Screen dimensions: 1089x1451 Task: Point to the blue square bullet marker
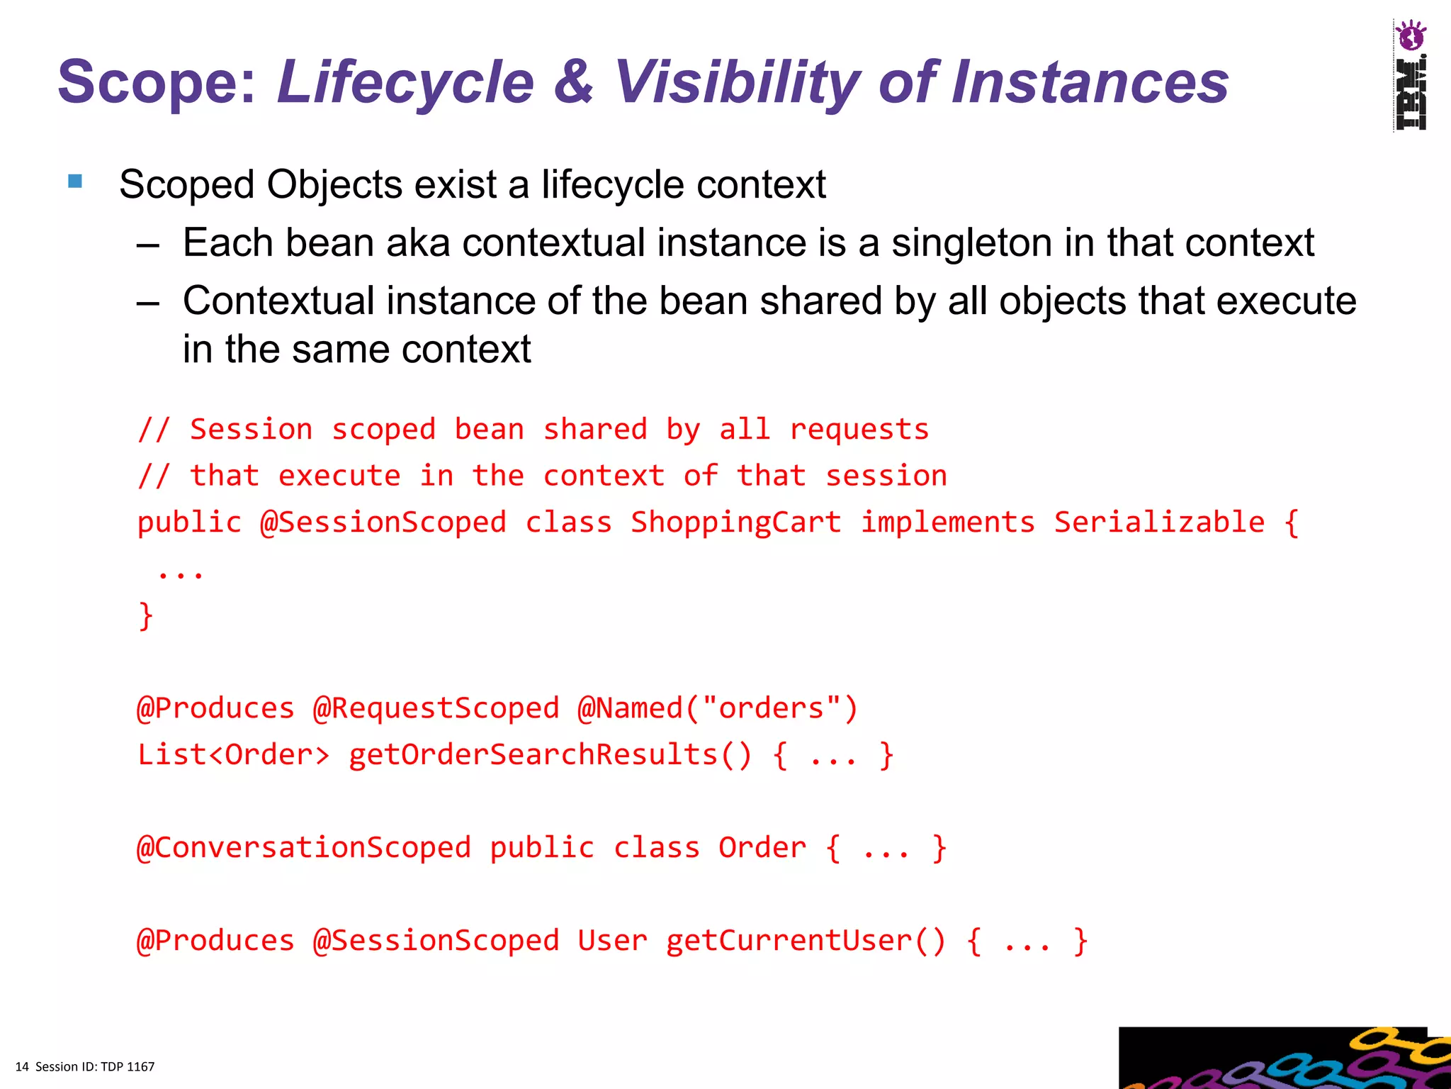(x=75, y=181)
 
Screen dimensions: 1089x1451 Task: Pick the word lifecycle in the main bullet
(x=613, y=184)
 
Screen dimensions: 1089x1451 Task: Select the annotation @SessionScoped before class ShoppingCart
(x=383, y=523)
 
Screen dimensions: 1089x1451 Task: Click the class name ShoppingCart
(x=736, y=523)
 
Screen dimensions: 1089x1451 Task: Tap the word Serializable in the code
(x=1159, y=523)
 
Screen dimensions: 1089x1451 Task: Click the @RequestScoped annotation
(x=436, y=708)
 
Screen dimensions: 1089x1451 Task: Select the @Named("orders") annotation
(x=718, y=708)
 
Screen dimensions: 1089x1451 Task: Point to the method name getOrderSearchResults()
(x=550, y=754)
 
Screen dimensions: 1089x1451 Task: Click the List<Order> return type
(x=234, y=754)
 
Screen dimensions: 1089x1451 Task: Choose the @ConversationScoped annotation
(x=304, y=848)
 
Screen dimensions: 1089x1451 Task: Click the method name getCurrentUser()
(x=806, y=941)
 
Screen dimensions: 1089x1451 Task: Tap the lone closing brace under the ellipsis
(x=146, y=615)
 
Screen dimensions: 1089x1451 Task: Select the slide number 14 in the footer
(x=22, y=1066)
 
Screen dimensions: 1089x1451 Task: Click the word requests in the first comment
(x=859, y=430)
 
